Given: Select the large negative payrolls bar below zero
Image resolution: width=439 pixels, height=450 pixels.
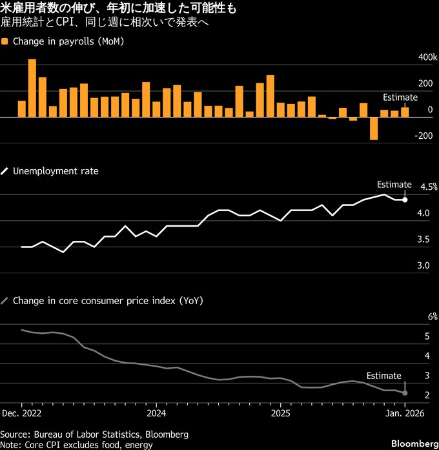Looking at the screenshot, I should pyautogui.click(x=374, y=128).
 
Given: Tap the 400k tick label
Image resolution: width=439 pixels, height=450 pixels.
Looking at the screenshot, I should pyautogui.click(x=427, y=57).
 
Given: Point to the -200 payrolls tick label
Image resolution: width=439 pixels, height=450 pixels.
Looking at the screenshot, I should pyautogui.click(x=425, y=136).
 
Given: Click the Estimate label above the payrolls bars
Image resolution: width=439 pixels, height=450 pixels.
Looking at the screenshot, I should pyautogui.click(x=400, y=97).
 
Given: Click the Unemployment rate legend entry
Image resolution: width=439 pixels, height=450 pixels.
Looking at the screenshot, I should pyautogui.click(x=56, y=171).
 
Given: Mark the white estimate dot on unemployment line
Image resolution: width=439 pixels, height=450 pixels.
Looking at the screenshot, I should pyautogui.click(x=405, y=199).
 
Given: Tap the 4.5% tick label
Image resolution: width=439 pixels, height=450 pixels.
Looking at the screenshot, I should pyautogui.click(x=429, y=187).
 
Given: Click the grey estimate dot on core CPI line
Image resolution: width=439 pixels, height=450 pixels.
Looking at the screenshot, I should pyautogui.click(x=405, y=393).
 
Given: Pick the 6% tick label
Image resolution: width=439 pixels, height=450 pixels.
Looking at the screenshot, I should pyautogui.click(x=433, y=316).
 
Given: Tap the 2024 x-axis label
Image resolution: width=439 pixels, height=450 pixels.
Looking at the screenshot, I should pyautogui.click(x=156, y=412).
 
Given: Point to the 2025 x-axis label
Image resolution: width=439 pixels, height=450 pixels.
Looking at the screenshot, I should pyautogui.click(x=280, y=412).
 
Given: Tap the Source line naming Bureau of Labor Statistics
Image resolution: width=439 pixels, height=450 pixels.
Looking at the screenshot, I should pyautogui.click(x=94, y=434).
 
